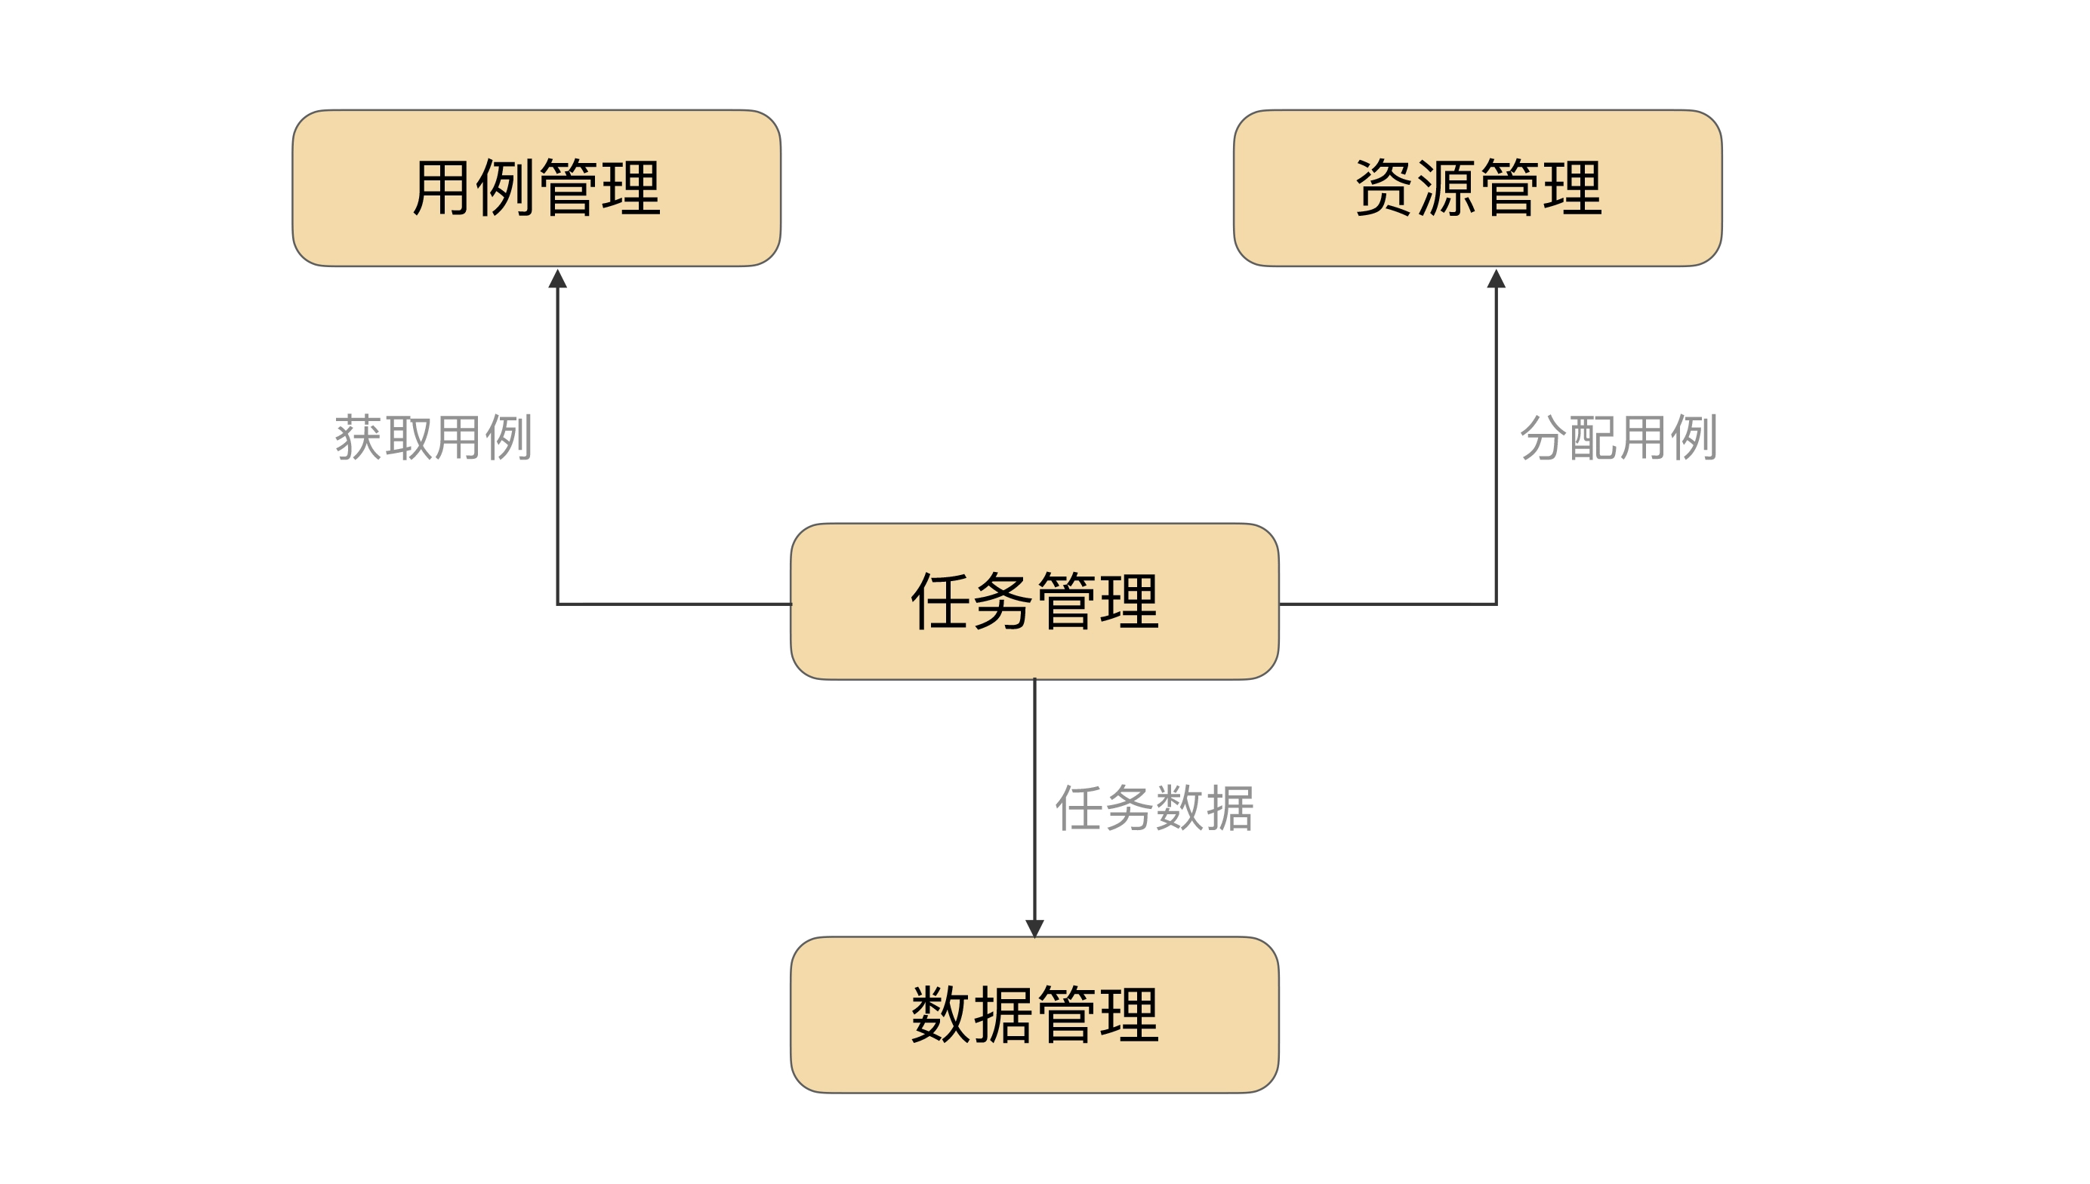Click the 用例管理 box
[536, 188]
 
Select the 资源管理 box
[1477, 188]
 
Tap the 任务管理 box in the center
[1034, 601]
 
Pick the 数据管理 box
[1034, 1014]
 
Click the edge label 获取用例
[433, 438]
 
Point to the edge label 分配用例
[1618, 438]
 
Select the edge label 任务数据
[1154, 808]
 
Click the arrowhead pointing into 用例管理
[557, 280]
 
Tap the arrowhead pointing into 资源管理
[1496, 280]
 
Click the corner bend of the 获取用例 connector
[558, 604]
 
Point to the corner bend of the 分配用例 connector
[1495, 604]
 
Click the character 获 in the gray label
[359, 438]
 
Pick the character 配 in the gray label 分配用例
[1593, 438]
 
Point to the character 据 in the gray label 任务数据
[1228, 808]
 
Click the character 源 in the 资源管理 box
[1445, 188]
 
